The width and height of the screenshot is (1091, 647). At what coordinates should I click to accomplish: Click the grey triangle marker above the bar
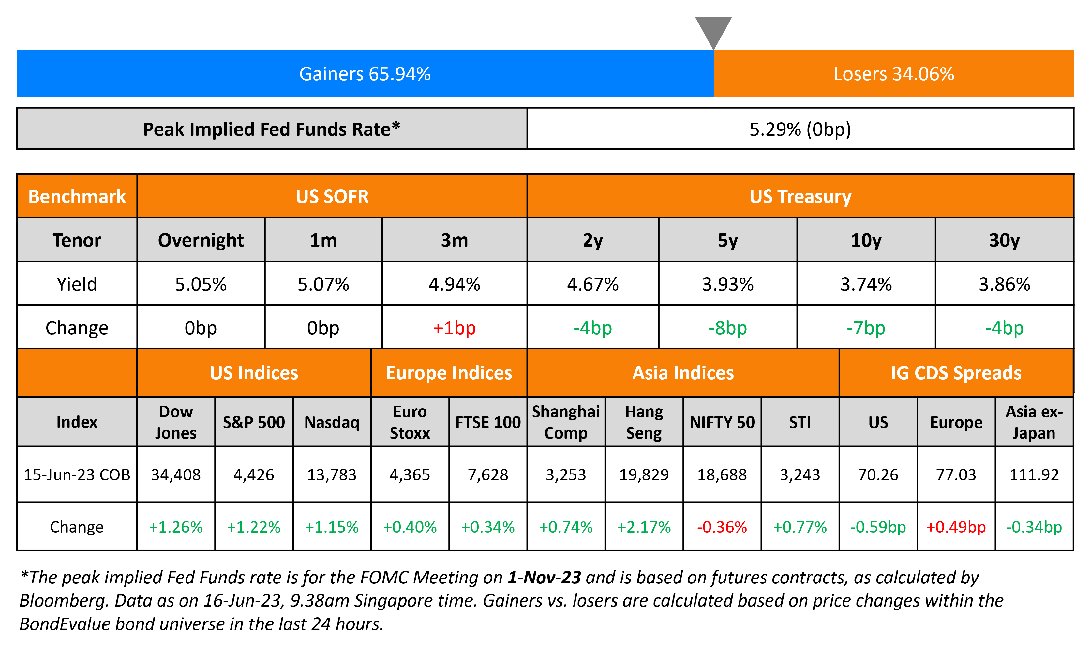(713, 31)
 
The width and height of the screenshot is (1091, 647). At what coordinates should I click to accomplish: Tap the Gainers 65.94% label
(365, 74)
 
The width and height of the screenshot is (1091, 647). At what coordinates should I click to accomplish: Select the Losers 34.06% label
(893, 74)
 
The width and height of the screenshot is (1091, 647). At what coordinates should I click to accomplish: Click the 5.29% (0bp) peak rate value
(800, 129)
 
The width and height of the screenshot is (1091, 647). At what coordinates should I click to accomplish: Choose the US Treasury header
(800, 196)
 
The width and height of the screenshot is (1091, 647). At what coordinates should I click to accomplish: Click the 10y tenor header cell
(866, 240)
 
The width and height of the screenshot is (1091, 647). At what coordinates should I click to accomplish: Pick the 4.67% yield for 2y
(592, 284)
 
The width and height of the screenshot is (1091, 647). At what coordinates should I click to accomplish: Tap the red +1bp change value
(454, 328)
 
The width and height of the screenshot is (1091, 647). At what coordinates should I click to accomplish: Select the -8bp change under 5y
(727, 328)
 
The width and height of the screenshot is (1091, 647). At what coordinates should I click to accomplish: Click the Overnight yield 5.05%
(201, 284)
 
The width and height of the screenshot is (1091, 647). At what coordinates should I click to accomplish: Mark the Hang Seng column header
(644, 422)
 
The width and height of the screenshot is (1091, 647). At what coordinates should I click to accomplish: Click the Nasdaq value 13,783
(332, 474)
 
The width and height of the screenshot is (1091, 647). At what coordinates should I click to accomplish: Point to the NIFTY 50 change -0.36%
(722, 527)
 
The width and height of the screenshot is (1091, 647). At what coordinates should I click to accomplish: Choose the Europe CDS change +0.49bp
(956, 527)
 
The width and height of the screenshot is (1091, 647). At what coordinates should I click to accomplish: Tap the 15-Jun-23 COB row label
(77, 474)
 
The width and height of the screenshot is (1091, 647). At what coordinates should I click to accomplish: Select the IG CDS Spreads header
(956, 373)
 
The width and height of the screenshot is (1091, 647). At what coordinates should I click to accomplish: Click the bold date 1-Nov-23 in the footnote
(544, 577)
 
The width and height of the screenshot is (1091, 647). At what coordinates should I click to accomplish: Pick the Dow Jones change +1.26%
(176, 527)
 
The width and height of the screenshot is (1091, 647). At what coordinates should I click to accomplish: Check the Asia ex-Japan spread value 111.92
(1034, 474)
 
